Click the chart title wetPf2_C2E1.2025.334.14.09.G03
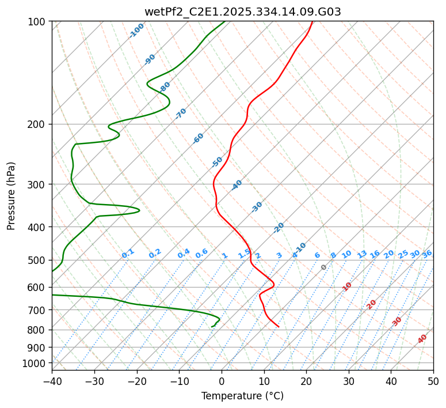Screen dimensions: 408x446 click(x=242, y=12)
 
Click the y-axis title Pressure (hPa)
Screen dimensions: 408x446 click(x=12, y=195)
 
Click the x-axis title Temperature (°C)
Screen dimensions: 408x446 click(x=242, y=396)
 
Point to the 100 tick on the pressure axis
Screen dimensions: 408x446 click(x=40, y=21)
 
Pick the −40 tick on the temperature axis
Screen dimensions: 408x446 click(x=52, y=381)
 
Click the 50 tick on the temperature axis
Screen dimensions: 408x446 click(x=433, y=381)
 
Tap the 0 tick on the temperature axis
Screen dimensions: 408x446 click(x=222, y=381)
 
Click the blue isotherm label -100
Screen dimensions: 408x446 click(x=137, y=30)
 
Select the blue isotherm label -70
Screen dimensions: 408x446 click(x=181, y=113)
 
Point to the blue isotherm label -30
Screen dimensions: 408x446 click(x=257, y=207)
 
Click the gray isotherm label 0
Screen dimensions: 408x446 click(x=324, y=267)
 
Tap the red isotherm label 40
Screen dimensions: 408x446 click(x=422, y=339)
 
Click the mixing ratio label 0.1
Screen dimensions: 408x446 click(x=128, y=253)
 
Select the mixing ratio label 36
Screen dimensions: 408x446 click(x=427, y=254)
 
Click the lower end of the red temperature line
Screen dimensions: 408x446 click(x=279, y=327)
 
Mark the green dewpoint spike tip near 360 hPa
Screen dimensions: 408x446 click(x=140, y=210)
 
